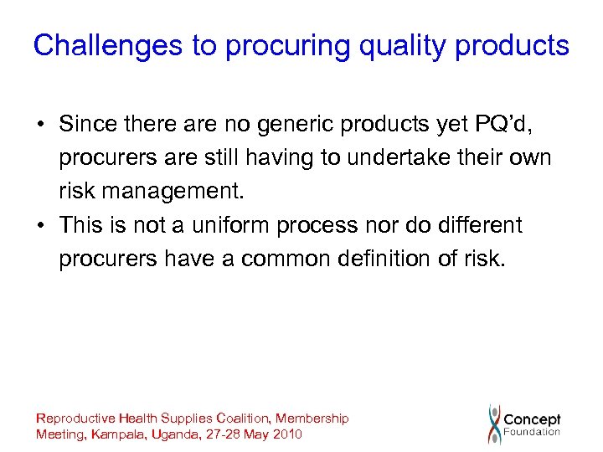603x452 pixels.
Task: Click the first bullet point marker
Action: tap(40, 126)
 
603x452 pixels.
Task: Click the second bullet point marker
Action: tap(40, 226)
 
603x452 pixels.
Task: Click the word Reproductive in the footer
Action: tap(75, 418)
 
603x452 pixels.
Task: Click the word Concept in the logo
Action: tap(533, 419)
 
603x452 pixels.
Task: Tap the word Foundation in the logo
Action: tap(532, 433)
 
